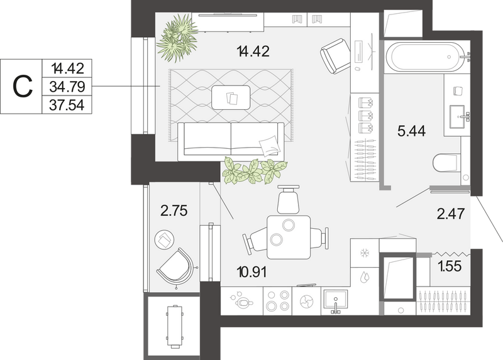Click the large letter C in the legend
click(23, 87)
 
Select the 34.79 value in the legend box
click(67, 87)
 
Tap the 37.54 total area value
click(67, 105)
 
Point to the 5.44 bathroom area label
click(412, 131)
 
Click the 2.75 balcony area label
click(174, 211)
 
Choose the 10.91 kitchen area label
click(252, 272)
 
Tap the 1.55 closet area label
click(450, 266)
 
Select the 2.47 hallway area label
click(451, 214)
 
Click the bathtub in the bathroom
click(425, 57)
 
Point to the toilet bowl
click(446, 163)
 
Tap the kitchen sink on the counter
click(336, 300)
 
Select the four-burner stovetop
click(277, 301)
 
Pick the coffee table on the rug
click(231, 97)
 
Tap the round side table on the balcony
click(165, 240)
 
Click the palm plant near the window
click(177, 38)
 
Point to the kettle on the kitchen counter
click(242, 301)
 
